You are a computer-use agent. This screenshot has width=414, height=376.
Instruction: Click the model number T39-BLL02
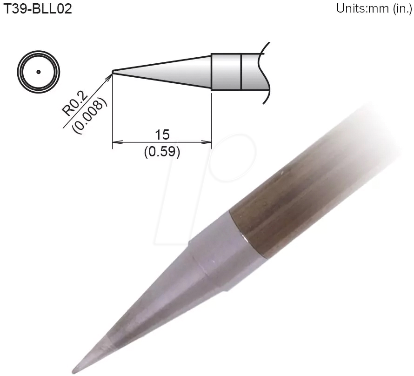[x=38, y=9]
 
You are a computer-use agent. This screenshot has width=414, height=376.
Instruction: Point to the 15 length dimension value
[x=162, y=134]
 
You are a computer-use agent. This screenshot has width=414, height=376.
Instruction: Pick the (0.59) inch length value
[x=162, y=152]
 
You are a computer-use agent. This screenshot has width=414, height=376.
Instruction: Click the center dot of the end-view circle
[x=38, y=72]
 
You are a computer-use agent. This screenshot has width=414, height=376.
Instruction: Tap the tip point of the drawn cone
[x=114, y=72]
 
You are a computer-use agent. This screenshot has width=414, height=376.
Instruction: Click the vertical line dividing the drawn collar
[x=241, y=72]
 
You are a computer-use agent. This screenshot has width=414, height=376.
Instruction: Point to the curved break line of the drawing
[x=266, y=72]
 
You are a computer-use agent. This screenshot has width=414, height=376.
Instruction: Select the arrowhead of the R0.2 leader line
[x=110, y=75]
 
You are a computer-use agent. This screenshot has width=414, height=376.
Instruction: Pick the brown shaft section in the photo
[x=302, y=195]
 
